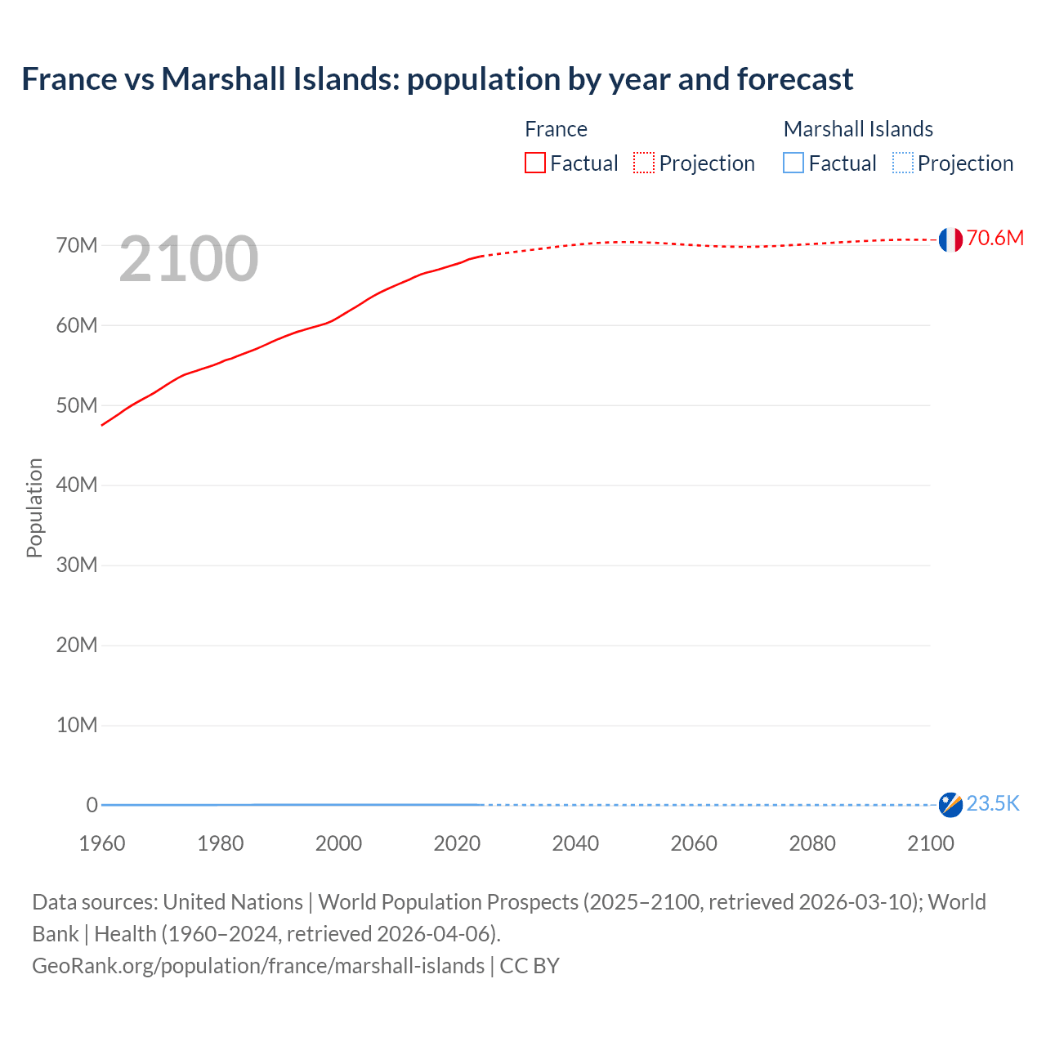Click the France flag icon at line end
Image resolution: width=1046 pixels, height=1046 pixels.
point(950,239)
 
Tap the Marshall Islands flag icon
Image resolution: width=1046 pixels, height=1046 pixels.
point(950,805)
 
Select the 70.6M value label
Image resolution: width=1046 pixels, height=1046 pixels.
point(995,238)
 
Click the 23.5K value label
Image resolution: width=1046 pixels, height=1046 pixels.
point(993,804)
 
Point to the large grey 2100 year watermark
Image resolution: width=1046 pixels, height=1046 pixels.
point(189,260)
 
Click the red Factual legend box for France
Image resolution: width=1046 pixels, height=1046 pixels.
point(535,163)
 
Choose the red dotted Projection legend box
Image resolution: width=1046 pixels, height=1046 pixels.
point(644,163)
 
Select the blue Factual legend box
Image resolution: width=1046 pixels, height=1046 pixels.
point(793,163)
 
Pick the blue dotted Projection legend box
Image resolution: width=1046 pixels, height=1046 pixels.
point(902,163)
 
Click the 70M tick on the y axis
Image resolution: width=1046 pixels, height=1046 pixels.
point(77,245)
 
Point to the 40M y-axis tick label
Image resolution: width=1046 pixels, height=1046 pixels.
point(77,485)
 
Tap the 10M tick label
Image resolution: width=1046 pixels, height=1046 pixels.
point(77,726)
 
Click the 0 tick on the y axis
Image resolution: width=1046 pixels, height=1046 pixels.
point(92,805)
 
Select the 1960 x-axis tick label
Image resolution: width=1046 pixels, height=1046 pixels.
point(102,843)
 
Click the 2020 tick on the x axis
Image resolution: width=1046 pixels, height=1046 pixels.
point(457,843)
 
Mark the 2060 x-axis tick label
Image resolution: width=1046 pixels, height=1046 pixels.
point(694,843)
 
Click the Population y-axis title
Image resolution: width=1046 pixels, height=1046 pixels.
point(34,507)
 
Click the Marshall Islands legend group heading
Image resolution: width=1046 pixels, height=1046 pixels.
point(858,129)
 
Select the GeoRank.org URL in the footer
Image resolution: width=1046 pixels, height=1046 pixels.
point(258,966)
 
